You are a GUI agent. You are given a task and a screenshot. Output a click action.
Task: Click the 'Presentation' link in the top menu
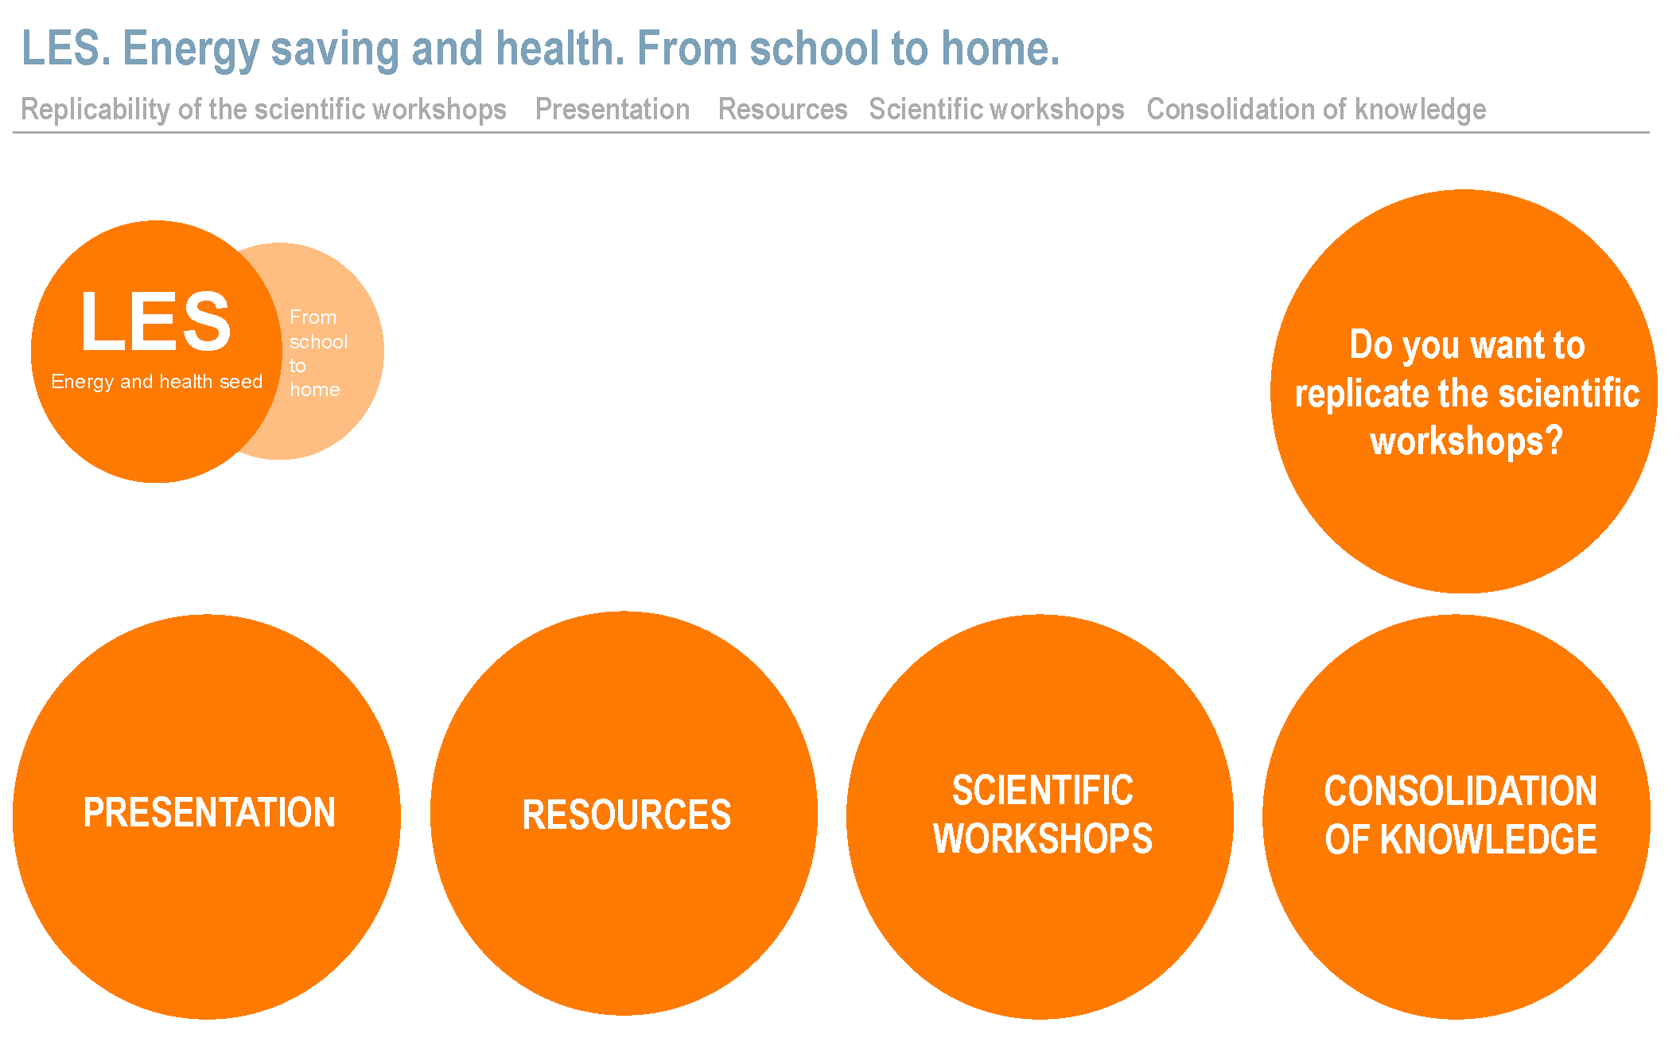click(612, 109)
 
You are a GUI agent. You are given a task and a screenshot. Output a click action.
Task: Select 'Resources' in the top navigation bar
click(783, 109)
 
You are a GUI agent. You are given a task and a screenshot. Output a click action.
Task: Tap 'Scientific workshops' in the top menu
click(997, 109)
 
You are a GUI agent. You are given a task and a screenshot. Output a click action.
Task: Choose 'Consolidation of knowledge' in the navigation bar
click(1316, 109)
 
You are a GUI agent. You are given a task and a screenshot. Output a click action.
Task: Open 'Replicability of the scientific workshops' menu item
click(263, 109)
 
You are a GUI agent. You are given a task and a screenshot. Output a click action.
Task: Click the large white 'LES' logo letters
click(156, 321)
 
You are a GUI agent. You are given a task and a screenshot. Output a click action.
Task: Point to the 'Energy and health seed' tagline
click(157, 382)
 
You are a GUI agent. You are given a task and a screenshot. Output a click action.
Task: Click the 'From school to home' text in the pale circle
click(318, 353)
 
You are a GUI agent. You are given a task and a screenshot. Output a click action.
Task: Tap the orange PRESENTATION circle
click(207, 816)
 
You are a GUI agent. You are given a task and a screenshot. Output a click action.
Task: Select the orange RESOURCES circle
click(624, 814)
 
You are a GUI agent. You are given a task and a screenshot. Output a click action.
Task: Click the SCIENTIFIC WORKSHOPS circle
click(1040, 816)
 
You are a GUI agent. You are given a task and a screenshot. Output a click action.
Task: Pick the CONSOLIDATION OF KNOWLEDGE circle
click(1456, 816)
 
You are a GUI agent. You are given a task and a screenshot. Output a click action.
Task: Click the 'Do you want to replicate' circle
click(1464, 391)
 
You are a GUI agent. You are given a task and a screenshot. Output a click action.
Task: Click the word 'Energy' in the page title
click(191, 49)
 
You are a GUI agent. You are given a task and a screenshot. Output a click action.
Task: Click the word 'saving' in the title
click(335, 49)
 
